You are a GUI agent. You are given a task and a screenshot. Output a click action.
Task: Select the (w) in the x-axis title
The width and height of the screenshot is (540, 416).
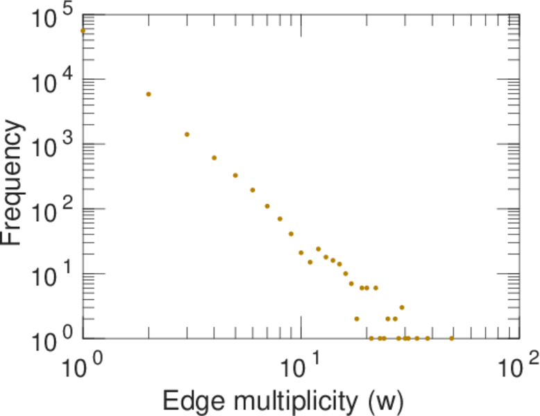pyautogui.click(x=385, y=401)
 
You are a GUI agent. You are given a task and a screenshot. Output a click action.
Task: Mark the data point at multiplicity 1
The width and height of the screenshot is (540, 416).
pyautogui.click(x=83, y=31)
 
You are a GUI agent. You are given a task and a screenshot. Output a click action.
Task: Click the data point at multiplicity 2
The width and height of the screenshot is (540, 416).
pyautogui.click(x=149, y=94)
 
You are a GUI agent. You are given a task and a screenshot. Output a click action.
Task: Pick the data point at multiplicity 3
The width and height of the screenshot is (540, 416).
pyautogui.click(x=187, y=135)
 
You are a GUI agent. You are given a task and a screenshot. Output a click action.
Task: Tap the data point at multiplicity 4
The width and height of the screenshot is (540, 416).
pyautogui.click(x=214, y=158)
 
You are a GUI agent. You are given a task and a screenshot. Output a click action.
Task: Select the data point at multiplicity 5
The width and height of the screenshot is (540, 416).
pyautogui.click(x=235, y=175)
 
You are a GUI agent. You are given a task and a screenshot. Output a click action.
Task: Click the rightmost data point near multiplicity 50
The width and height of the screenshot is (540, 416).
pyautogui.click(x=452, y=338)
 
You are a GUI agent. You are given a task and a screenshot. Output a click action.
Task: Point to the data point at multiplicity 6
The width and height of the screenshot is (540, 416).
pyautogui.click(x=253, y=190)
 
